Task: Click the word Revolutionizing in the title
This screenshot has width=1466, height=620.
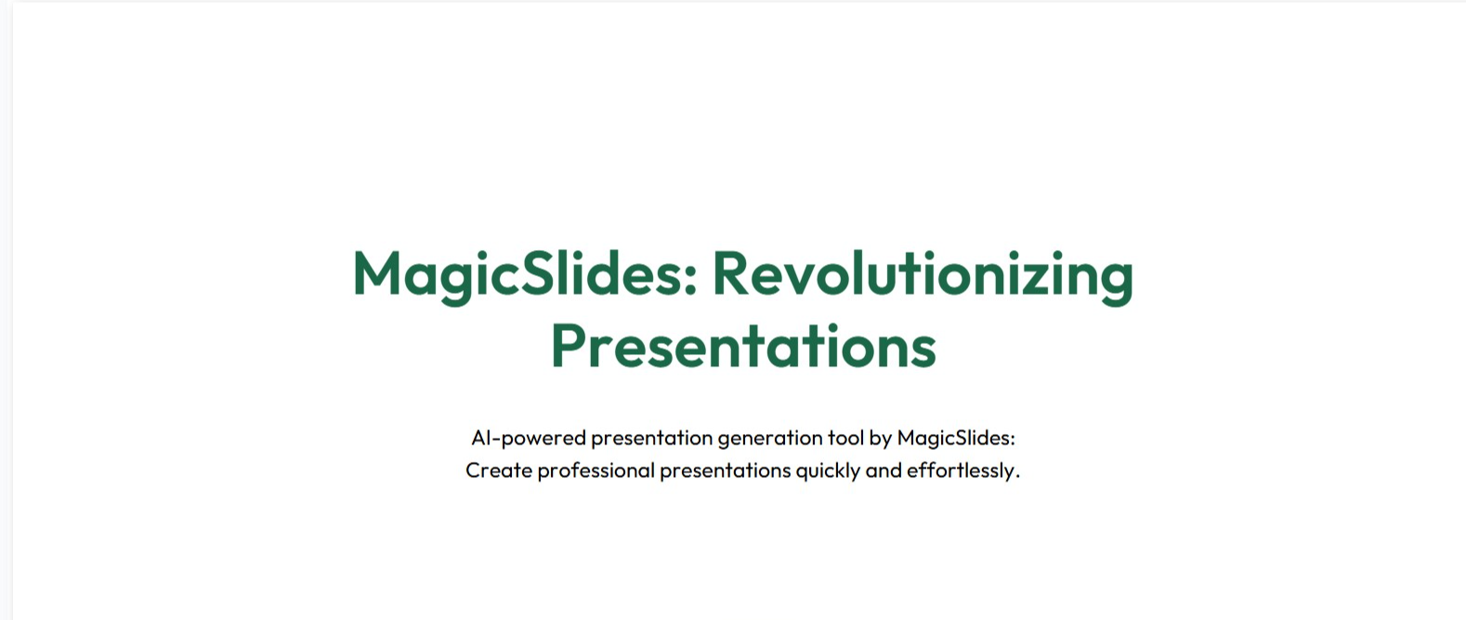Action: click(923, 276)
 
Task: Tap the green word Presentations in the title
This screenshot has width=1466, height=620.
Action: click(743, 347)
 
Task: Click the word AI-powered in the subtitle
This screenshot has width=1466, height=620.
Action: click(529, 438)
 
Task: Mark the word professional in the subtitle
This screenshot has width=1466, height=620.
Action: click(596, 471)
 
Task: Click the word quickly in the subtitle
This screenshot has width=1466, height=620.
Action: click(828, 471)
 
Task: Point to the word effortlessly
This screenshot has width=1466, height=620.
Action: click(960, 471)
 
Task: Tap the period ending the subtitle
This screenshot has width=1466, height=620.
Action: click(1017, 477)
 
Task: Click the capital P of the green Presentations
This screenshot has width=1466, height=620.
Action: click(567, 346)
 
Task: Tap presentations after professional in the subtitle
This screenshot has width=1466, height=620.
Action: click(726, 471)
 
